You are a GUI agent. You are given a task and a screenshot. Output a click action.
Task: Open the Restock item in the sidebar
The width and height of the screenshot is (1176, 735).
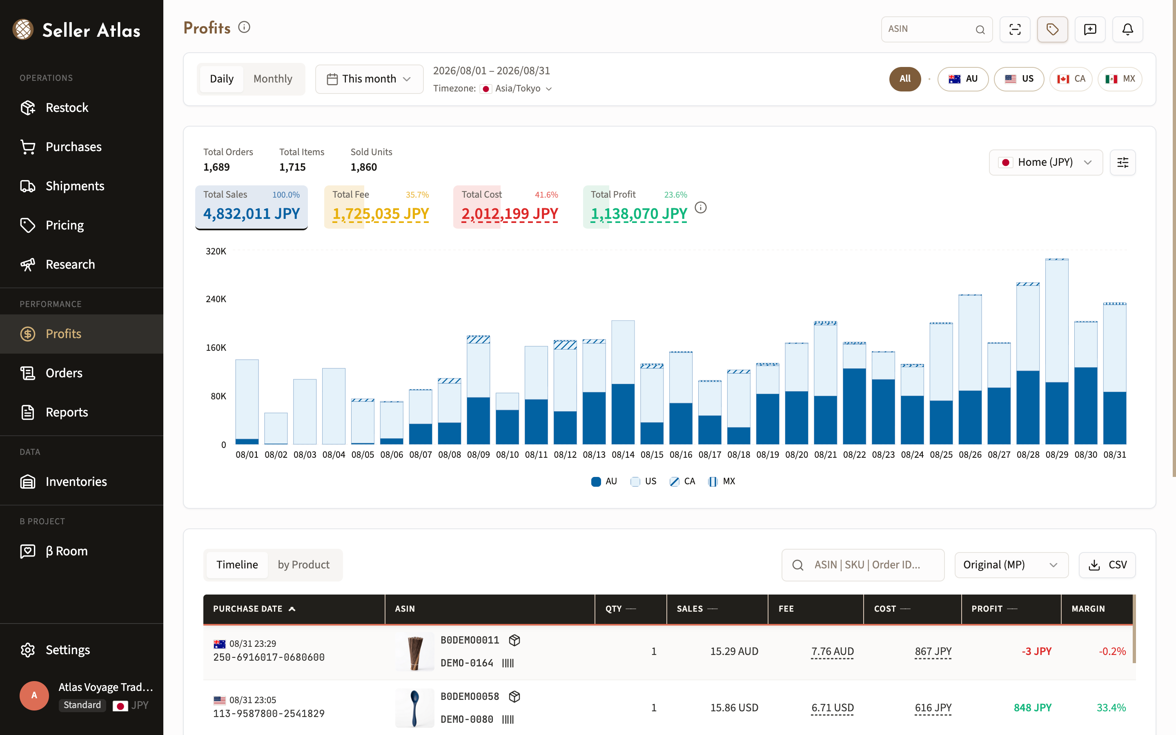click(x=67, y=107)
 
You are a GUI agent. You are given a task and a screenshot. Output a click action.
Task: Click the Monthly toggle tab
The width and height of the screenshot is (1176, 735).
click(x=273, y=79)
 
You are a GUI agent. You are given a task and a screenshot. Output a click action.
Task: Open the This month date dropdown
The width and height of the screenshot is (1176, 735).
click(x=369, y=79)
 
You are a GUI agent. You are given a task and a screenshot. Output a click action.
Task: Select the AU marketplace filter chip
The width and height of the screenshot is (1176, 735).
click(x=963, y=79)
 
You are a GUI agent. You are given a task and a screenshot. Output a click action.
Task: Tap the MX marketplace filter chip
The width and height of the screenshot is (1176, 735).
click(x=1120, y=79)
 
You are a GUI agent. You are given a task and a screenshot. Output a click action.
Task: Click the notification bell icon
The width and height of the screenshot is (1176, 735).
click(x=1127, y=29)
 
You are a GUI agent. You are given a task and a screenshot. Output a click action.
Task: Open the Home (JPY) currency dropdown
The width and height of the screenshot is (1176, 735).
click(x=1046, y=163)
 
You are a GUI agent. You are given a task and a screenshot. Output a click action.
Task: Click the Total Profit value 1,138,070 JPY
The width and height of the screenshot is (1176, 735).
click(x=639, y=214)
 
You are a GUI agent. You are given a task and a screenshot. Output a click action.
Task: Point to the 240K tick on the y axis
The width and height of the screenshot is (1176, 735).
click(x=216, y=299)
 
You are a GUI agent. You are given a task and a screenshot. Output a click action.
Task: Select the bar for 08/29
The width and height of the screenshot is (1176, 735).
click(x=1057, y=352)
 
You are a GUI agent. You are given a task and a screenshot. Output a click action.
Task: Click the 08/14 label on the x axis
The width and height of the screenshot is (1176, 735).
click(x=623, y=454)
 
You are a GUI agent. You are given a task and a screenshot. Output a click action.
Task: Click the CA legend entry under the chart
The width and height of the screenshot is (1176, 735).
click(x=682, y=481)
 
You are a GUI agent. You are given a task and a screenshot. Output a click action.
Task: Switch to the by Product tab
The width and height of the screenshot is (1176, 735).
click(x=304, y=564)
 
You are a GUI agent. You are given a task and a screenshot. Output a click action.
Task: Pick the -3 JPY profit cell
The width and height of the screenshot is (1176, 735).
click(x=1036, y=651)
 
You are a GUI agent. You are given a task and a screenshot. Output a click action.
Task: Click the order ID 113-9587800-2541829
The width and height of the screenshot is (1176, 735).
click(x=269, y=714)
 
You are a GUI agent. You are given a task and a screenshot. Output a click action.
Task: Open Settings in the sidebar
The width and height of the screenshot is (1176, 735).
click(x=67, y=650)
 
